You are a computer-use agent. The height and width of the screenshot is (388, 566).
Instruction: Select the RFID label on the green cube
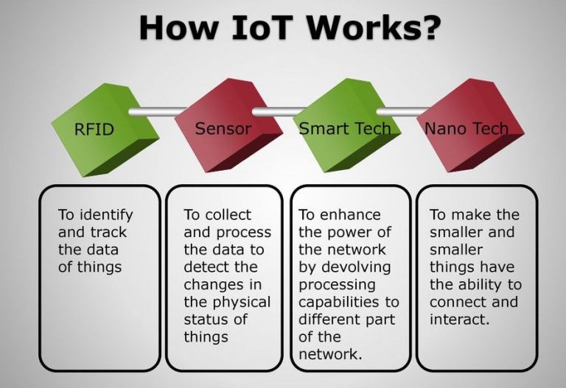click(94, 130)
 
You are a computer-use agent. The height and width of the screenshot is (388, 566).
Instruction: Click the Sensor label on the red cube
click(223, 129)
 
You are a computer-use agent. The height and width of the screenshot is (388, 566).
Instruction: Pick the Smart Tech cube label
click(344, 129)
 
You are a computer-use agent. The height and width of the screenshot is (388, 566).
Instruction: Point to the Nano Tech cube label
click(467, 129)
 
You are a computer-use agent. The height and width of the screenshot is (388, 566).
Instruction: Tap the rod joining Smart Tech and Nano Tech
click(398, 113)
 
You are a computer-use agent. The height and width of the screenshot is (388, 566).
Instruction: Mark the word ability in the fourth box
click(472, 285)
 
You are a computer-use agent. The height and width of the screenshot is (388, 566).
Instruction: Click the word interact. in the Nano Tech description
click(460, 320)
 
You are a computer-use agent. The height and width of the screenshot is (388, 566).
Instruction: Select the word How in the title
click(176, 27)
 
